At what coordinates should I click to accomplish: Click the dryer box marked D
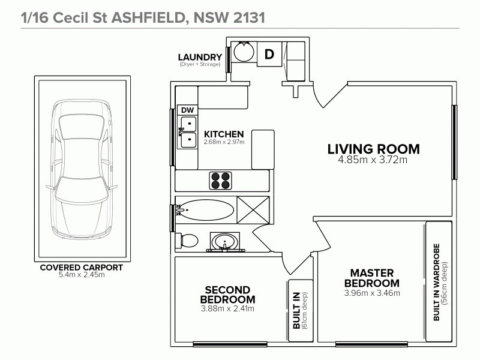[269, 54]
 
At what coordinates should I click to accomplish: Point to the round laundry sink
[243, 52]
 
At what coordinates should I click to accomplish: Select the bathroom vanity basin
[226, 242]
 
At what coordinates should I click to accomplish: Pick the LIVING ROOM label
[373, 149]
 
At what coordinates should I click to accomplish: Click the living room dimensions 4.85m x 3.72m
[373, 160]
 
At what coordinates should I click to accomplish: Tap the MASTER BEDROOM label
[372, 278]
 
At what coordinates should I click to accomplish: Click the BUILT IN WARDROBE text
[436, 281]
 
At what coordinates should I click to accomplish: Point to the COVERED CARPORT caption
[81, 268]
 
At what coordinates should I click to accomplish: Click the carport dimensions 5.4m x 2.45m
[81, 275]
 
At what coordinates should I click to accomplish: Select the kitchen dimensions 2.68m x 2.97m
[223, 142]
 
